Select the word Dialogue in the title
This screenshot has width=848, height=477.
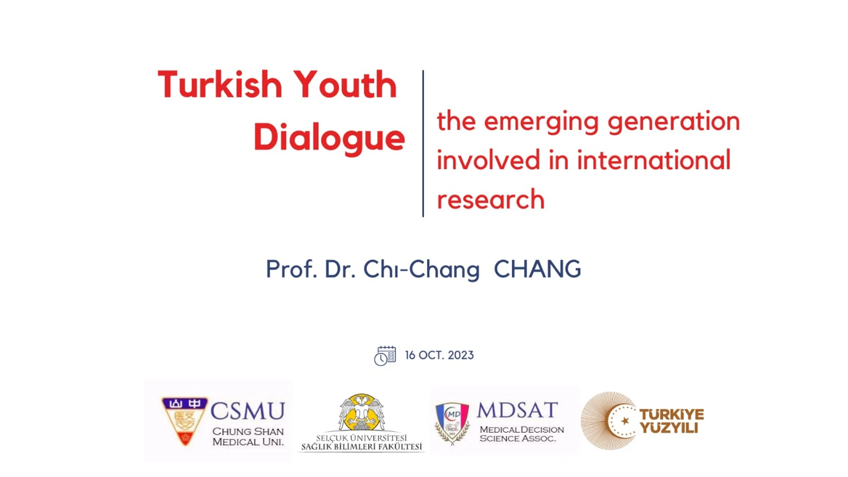[x=328, y=137]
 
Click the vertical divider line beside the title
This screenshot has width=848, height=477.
[x=423, y=143]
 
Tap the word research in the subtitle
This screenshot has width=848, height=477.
[x=490, y=199]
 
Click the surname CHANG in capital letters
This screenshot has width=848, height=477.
[x=537, y=269]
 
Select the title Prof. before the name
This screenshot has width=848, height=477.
[x=292, y=269]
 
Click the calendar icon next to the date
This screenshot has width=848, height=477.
[x=385, y=355]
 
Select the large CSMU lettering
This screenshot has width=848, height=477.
[x=247, y=411]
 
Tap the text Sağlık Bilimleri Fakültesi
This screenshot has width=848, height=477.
[x=362, y=447]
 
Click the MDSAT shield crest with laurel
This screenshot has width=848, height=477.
[x=452, y=422]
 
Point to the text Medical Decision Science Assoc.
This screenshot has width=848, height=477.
[x=521, y=434]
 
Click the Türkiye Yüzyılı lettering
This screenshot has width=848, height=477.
[x=671, y=421]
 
